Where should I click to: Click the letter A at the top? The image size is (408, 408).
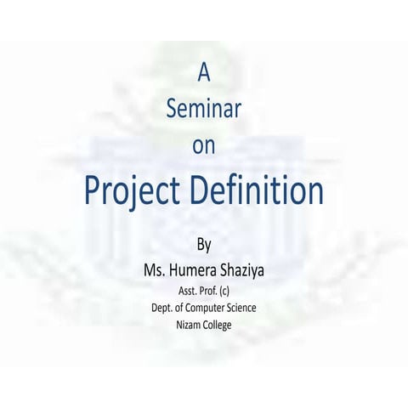(x=204, y=73)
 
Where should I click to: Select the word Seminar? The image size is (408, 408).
(x=204, y=109)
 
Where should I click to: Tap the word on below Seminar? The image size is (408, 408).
(x=204, y=145)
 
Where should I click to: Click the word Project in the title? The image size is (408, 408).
(x=132, y=192)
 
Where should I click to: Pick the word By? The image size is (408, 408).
(x=203, y=246)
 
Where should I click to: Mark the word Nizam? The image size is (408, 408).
(x=184, y=324)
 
